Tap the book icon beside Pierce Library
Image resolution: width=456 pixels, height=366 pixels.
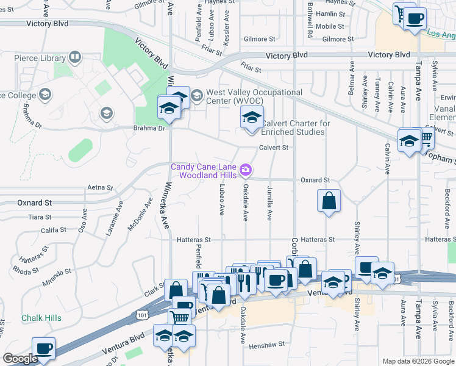click(x=75, y=59)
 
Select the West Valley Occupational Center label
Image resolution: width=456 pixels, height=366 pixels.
click(x=254, y=96)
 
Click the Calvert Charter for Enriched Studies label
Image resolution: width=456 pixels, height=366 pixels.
click(x=296, y=127)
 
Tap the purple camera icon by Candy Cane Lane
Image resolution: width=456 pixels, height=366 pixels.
click(x=246, y=168)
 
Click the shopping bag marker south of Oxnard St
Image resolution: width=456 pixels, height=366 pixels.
click(x=329, y=200)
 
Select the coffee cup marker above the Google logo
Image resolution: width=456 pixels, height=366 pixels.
click(x=43, y=348)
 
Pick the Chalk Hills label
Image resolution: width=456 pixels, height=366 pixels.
click(x=41, y=318)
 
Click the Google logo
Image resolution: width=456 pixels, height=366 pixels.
click(x=20, y=359)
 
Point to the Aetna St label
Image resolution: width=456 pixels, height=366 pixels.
click(x=101, y=187)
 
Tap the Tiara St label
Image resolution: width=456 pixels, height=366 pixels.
click(x=40, y=217)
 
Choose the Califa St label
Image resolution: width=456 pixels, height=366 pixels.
click(x=53, y=230)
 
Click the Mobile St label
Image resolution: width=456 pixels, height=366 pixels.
click(x=330, y=26)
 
